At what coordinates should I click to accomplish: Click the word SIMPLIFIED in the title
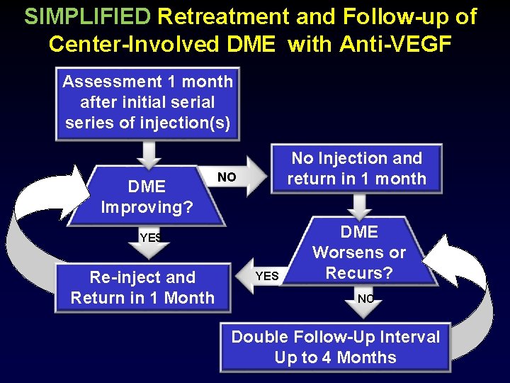coord(87,16)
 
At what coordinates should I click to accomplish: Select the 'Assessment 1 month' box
coord(147,102)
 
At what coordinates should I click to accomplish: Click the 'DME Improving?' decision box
coord(147,196)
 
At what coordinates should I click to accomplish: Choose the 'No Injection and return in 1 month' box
coord(356,169)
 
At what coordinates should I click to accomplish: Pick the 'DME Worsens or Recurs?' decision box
coord(359,252)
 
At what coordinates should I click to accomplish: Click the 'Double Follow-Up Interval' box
coord(335,347)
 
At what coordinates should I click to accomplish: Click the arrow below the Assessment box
coord(149,152)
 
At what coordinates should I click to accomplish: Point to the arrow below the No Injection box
coord(359,205)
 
